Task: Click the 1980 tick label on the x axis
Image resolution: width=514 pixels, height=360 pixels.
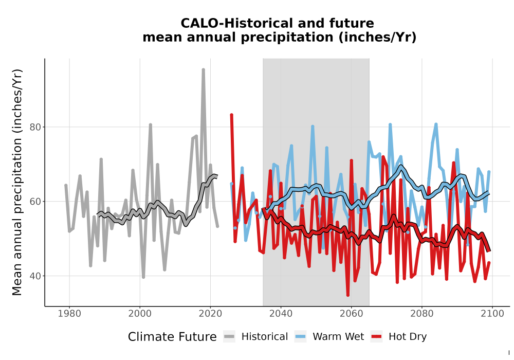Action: pyautogui.click(x=69, y=313)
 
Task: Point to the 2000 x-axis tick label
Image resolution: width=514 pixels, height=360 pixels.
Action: pyautogui.click(x=140, y=313)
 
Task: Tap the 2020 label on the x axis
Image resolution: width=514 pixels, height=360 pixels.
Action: pyautogui.click(x=210, y=313)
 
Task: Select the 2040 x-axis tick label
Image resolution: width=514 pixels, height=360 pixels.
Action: pyautogui.click(x=281, y=313)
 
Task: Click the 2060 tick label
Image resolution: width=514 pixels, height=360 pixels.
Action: pyautogui.click(x=352, y=313)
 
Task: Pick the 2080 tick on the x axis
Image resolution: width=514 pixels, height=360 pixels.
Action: pyautogui.click(x=422, y=313)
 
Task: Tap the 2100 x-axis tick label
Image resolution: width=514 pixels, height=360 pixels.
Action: pyautogui.click(x=492, y=313)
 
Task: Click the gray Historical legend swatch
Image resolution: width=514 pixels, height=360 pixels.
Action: pyautogui.click(x=229, y=336)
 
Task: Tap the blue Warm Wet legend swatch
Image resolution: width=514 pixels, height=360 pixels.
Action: pyautogui.click(x=300, y=336)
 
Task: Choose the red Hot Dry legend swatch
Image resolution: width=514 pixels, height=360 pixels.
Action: pyautogui.click(x=376, y=336)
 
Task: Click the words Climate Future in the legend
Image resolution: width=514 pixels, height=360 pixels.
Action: pyautogui.click(x=172, y=337)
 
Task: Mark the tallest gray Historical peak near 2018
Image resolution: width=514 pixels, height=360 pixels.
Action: pyautogui.click(x=203, y=69)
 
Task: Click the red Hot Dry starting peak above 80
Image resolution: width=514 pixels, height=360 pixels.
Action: pyautogui.click(x=231, y=115)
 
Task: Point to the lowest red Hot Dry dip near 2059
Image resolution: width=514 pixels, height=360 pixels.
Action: pyautogui.click(x=348, y=295)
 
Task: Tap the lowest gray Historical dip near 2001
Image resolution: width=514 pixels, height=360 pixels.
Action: pyautogui.click(x=143, y=277)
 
